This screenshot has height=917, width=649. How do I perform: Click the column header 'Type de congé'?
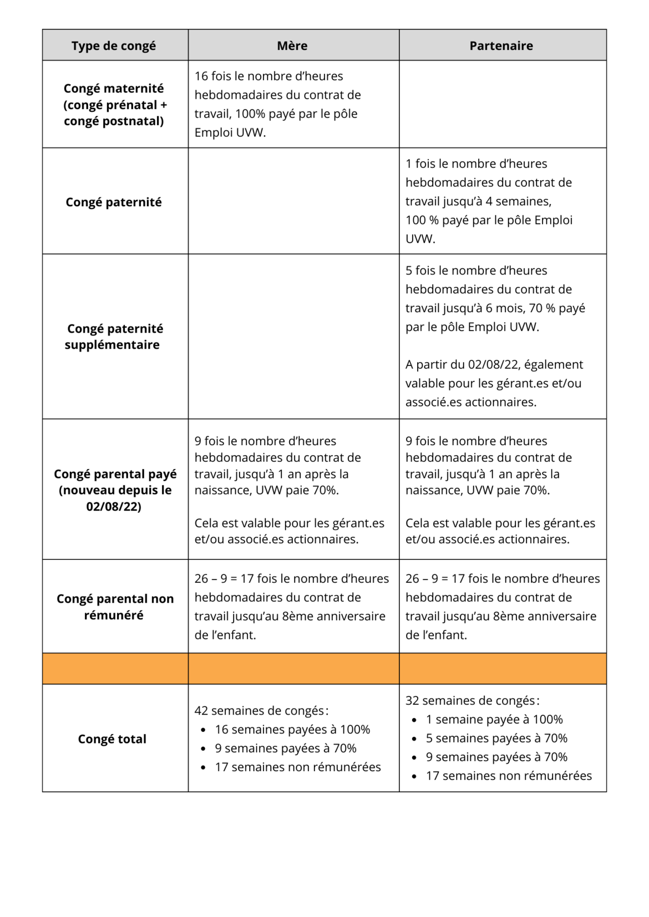(x=113, y=45)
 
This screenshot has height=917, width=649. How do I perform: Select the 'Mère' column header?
(x=292, y=45)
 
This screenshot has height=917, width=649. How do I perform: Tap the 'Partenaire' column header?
(x=501, y=45)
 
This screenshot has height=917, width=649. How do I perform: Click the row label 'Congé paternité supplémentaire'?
(x=114, y=337)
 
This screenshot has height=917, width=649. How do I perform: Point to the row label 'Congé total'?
(x=112, y=739)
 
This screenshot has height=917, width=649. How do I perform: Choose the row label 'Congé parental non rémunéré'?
(x=115, y=607)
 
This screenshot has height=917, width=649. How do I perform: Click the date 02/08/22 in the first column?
(x=113, y=506)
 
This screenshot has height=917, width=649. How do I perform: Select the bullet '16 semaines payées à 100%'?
(x=292, y=730)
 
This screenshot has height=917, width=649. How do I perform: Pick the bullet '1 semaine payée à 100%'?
(x=494, y=720)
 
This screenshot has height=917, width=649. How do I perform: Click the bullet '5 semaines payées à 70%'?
(x=496, y=738)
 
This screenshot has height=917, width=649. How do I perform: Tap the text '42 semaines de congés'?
(x=259, y=711)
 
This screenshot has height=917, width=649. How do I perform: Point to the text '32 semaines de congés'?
(x=470, y=701)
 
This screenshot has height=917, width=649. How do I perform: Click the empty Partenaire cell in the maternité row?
(x=503, y=104)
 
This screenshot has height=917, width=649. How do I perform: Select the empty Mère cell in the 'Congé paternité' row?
(x=293, y=201)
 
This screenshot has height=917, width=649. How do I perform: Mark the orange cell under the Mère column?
(x=293, y=669)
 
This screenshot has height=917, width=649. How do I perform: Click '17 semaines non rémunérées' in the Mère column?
(x=298, y=767)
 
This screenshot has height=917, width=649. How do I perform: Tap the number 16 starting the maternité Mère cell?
(x=201, y=76)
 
